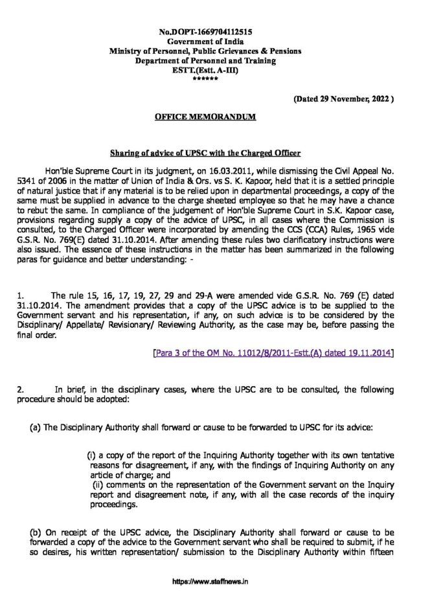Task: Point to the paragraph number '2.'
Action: pyautogui.click(x=21, y=389)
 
